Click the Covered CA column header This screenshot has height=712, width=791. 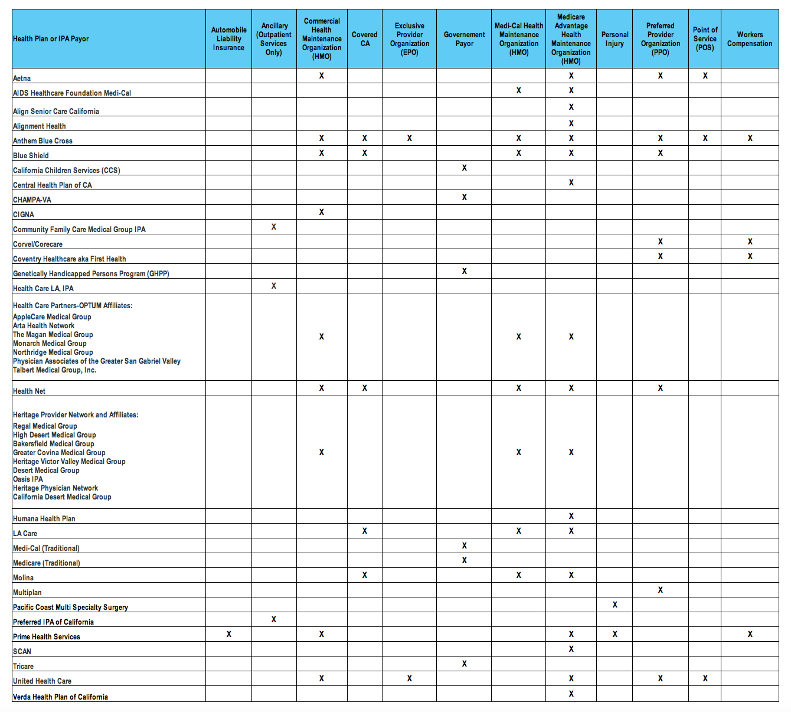tap(365, 39)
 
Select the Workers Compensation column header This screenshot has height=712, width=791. tap(750, 39)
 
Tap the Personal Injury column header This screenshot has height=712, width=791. tap(615, 39)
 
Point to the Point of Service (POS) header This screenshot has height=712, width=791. tap(705, 39)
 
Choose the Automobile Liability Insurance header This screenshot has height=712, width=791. tap(229, 39)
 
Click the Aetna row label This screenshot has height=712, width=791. tap(22, 78)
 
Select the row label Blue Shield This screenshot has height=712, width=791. tap(31, 155)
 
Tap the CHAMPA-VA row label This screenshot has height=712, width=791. tap(32, 200)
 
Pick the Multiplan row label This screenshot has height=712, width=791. tap(27, 592)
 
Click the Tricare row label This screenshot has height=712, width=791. tap(23, 666)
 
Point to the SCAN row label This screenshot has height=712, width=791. tap(22, 651)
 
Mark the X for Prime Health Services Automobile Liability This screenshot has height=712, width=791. tap(229, 634)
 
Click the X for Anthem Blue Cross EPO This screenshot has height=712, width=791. tap(409, 138)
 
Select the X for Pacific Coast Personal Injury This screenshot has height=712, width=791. tap(615, 605)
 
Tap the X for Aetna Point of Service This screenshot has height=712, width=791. tap(705, 76)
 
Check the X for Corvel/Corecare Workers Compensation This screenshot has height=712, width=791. tap(750, 241)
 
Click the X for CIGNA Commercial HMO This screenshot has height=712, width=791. tap(321, 212)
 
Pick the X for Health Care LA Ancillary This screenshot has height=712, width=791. tap(273, 286)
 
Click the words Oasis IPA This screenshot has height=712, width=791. tap(28, 479)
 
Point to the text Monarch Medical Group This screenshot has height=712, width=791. tap(50, 343)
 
